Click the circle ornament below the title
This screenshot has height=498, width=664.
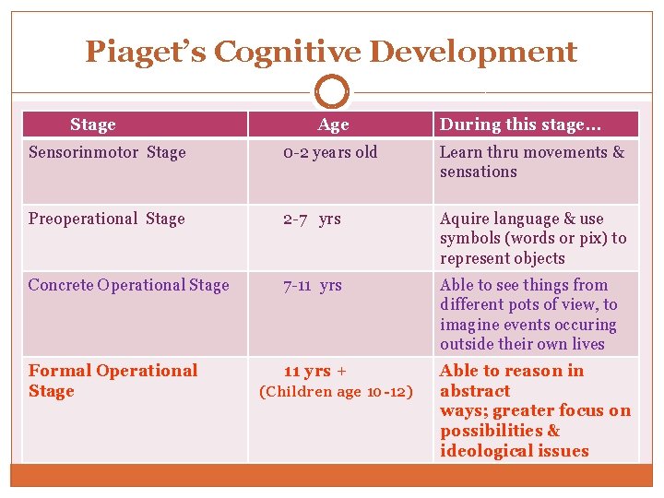point(332,92)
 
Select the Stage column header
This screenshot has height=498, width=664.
point(92,125)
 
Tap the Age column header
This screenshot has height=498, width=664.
point(333,125)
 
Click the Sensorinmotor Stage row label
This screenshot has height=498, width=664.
point(107,152)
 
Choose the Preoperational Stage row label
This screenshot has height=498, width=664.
point(106,219)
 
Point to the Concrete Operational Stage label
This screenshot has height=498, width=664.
point(128,285)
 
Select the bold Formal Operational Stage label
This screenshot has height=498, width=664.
point(113,380)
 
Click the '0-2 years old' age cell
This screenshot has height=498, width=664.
point(330,152)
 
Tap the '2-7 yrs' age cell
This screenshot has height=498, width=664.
point(312,219)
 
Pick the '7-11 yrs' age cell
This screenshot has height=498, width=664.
point(312,285)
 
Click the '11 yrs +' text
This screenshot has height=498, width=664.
point(314,371)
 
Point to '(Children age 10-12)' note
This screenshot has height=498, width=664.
point(335,391)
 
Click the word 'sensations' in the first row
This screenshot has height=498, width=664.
point(478,172)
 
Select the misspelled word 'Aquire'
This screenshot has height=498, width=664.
point(465,219)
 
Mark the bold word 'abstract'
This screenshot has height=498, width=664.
point(475,391)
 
